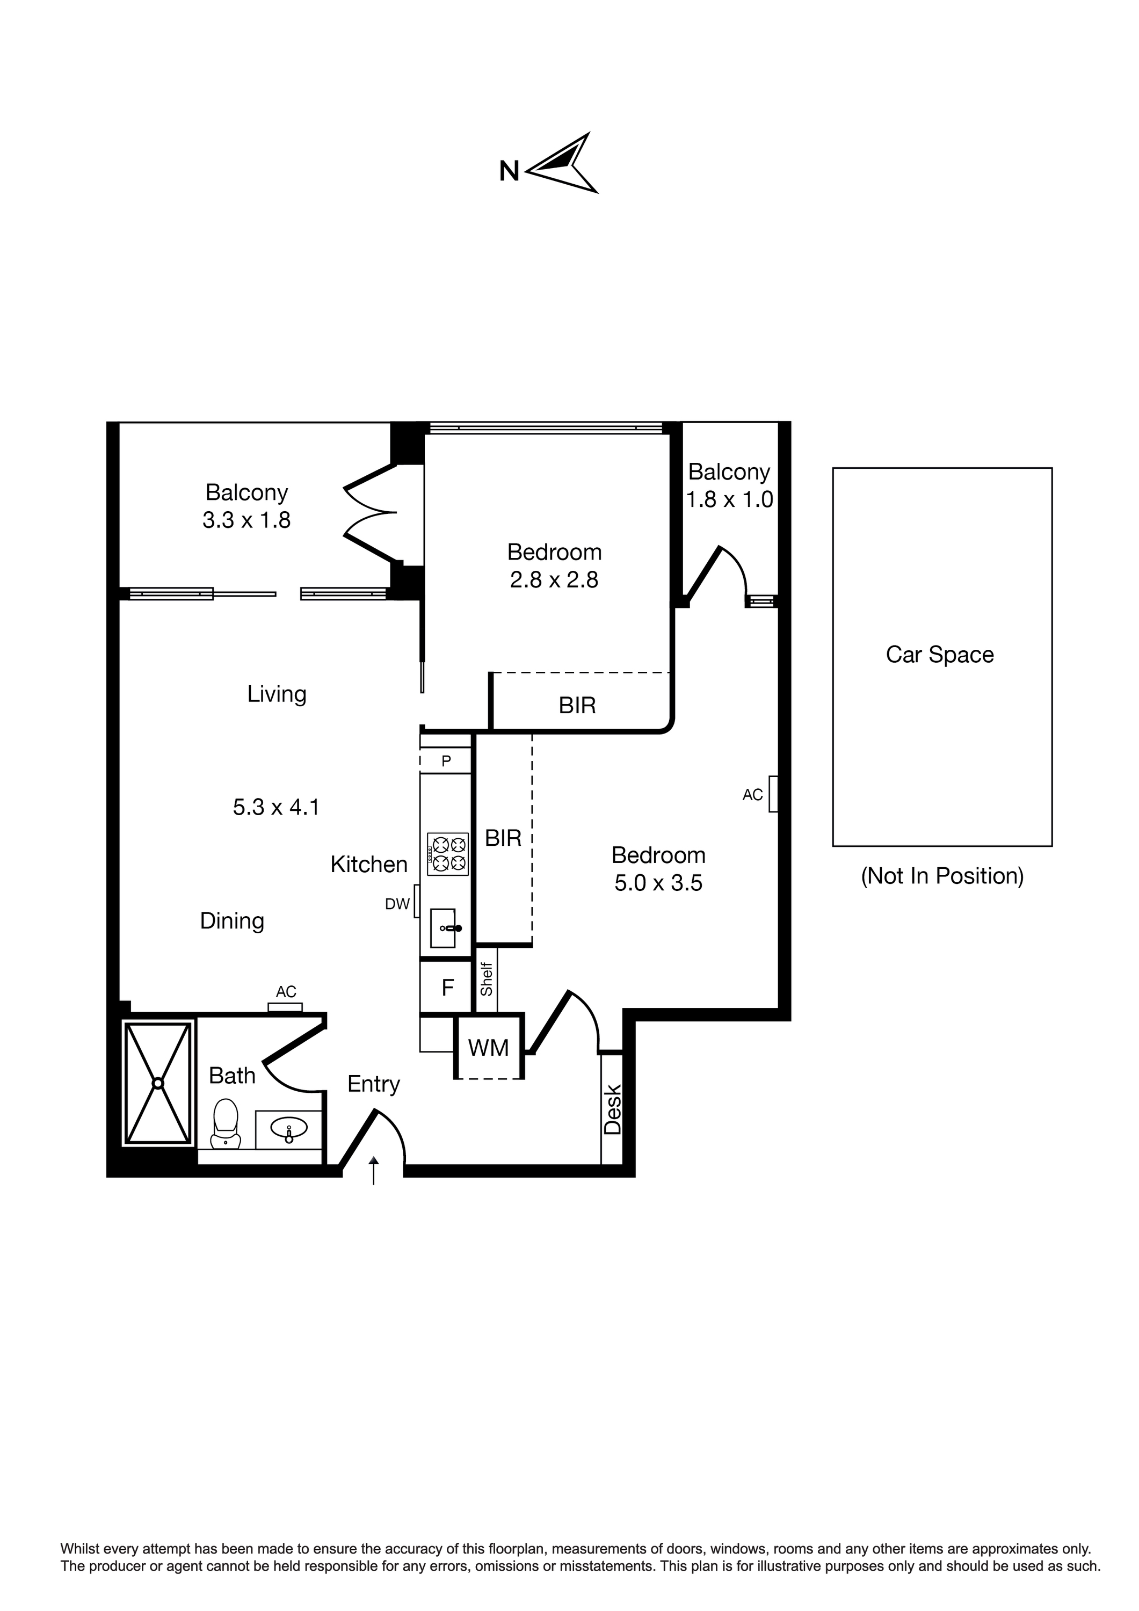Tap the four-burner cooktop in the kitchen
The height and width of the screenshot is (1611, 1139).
(x=448, y=853)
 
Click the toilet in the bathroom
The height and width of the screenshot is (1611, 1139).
(x=225, y=1123)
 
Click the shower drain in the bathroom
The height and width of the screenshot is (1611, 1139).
(x=158, y=1083)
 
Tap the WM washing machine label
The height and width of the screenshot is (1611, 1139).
(x=489, y=1048)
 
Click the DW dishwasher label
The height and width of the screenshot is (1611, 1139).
(x=397, y=904)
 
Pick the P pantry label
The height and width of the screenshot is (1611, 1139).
(x=446, y=760)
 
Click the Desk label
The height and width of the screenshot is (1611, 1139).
(x=613, y=1110)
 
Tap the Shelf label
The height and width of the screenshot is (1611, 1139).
(x=487, y=979)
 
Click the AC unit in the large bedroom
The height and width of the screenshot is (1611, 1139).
(x=773, y=794)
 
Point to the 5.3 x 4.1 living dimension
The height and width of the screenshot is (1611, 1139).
(x=277, y=808)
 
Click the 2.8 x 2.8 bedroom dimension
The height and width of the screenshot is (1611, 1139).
(x=554, y=580)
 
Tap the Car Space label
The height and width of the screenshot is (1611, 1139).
(x=940, y=655)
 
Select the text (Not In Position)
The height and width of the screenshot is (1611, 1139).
(x=942, y=876)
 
